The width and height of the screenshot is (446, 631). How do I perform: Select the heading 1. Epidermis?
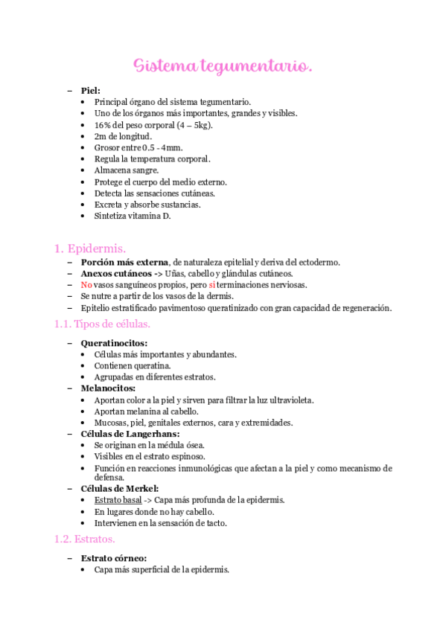pyautogui.click(x=90, y=248)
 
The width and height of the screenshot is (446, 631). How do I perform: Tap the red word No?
pyautogui.click(x=86, y=285)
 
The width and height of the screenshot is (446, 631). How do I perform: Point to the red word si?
pyautogui.click(x=212, y=285)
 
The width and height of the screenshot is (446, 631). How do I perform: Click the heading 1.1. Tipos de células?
pyautogui.click(x=103, y=324)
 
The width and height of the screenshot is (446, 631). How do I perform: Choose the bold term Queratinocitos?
pyautogui.click(x=114, y=343)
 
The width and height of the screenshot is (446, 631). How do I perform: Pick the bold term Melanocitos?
pyautogui.click(x=109, y=388)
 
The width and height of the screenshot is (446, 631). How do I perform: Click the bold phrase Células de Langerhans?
pyautogui.click(x=130, y=434)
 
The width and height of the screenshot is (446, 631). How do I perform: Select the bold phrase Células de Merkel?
pyautogui.click(x=120, y=488)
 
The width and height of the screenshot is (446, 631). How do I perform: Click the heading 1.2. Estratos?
pyautogui.click(x=83, y=538)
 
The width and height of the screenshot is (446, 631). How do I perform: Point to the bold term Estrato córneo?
pyautogui.click(x=113, y=558)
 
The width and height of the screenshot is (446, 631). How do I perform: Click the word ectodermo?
pyautogui.click(x=319, y=262)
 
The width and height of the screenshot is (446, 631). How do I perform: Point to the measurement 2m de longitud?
pyautogui.click(x=123, y=136)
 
